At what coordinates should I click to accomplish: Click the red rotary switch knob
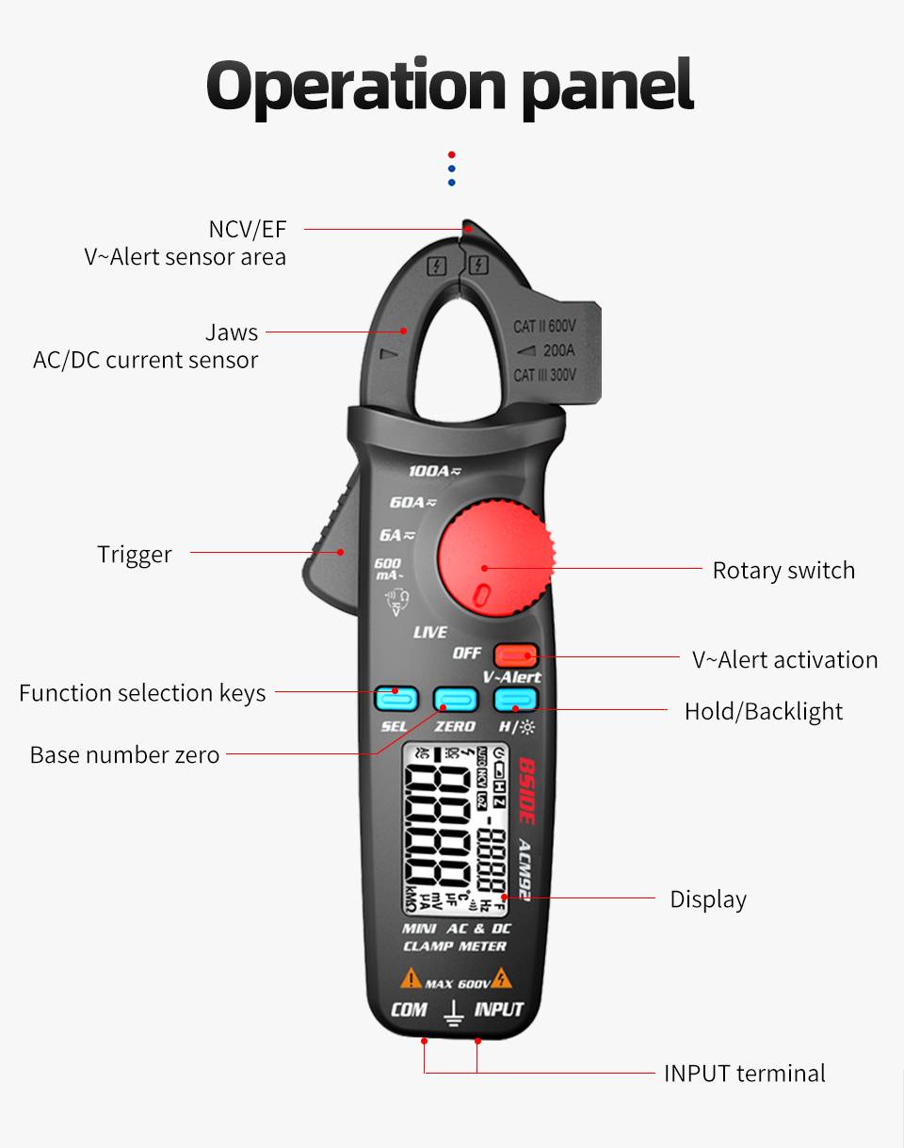point(494,561)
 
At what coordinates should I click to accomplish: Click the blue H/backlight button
point(515,699)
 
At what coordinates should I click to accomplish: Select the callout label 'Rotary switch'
point(783,571)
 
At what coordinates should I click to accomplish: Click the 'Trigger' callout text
point(135,554)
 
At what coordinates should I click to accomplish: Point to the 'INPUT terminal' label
point(745,1073)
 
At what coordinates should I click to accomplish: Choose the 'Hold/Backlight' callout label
point(764,711)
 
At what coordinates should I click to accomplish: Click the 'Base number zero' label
point(124,755)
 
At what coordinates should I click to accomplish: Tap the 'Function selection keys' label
point(142,693)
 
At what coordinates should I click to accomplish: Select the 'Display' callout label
point(708,899)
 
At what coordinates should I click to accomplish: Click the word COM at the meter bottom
point(409,1010)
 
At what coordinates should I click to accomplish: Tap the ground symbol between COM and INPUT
point(453,1012)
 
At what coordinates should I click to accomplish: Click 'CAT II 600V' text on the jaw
point(544,327)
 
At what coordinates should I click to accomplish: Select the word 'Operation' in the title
point(357,87)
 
